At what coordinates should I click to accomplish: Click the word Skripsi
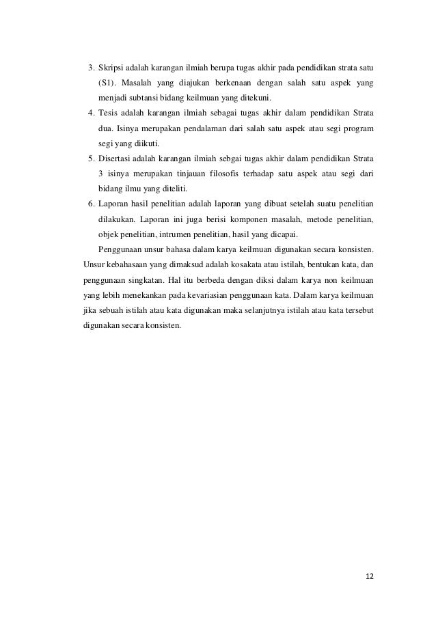coord(111,68)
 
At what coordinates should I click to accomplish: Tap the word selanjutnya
coord(251,310)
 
